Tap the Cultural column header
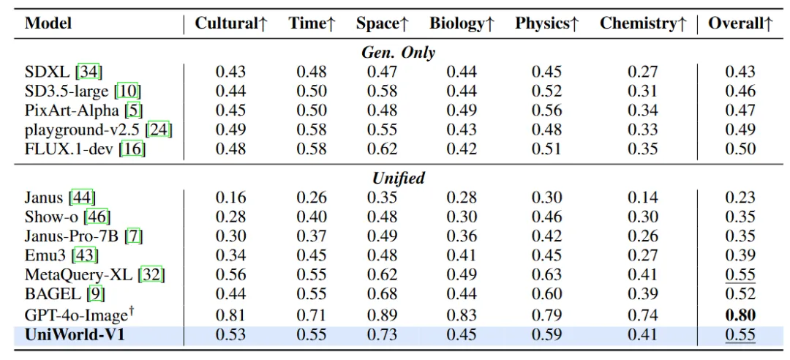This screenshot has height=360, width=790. tap(230, 23)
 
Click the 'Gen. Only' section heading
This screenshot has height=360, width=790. tap(399, 53)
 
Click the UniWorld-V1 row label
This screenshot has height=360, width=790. tap(75, 335)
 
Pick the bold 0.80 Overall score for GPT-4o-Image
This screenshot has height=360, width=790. tap(740, 315)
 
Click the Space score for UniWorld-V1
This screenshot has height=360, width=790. tap(382, 335)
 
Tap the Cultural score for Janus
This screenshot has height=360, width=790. tap(230, 198)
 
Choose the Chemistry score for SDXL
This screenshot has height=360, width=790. tap(643, 72)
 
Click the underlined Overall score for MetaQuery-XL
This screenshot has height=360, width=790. tap(740, 275)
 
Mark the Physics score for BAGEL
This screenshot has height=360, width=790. tap(546, 294)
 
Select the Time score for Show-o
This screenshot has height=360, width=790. tap(312, 217)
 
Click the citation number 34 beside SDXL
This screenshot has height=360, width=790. tap(91, 72)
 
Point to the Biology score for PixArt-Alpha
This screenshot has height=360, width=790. tap(462, 110)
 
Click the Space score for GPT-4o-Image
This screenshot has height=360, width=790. tap(382, 315)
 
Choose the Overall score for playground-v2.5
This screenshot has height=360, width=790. tap(740, 130)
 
